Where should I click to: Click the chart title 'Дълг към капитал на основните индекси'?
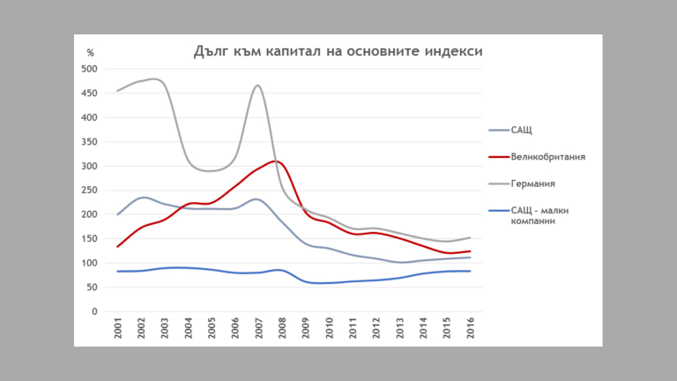tap(338, 51)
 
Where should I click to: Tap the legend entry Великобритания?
tap(547, 157)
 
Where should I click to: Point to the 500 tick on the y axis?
tap(89, 69)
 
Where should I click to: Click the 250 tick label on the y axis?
tap(89, 190)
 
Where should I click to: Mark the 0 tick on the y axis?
tap(94, 311)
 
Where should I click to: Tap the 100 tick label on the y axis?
tap(89, 263)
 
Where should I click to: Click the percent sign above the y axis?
tap(90, 53)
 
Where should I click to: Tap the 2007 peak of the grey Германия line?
tap(257, 86)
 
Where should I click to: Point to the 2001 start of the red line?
tap(118, 247)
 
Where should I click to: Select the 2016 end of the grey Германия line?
tap(470, 238)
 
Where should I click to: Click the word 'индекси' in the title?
tap(458, 51)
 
